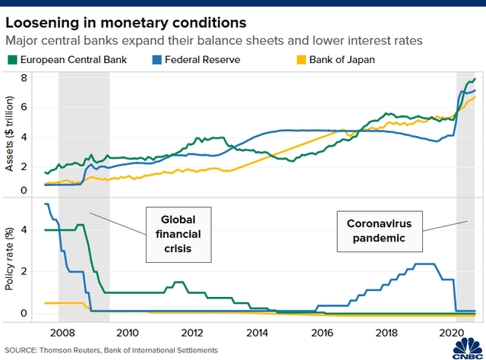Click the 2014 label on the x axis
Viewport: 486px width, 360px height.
(x=257, y=332)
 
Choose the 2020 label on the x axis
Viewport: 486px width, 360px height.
(x=452, y=332)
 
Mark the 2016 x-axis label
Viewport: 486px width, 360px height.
(x=323, y=332)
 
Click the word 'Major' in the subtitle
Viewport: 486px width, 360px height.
(x=23, y=40)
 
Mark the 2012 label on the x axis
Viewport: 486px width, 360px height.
(x=192, y=332)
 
